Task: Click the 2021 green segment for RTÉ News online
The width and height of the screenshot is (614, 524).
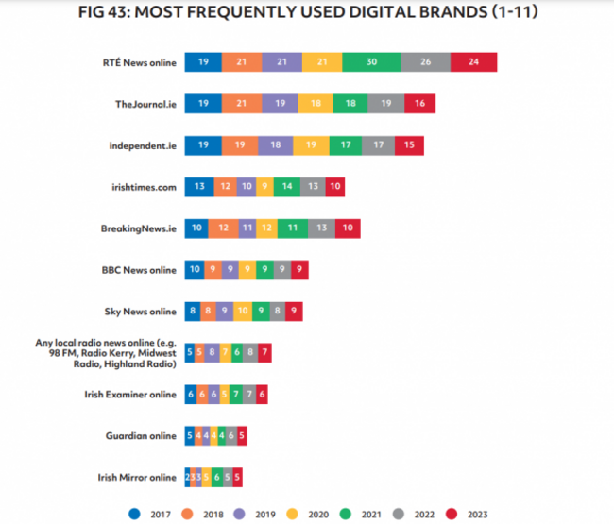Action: [371, 62]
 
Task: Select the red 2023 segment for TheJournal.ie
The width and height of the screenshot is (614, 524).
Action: [419, 104]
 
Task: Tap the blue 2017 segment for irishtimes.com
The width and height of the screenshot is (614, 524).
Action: [198, 187]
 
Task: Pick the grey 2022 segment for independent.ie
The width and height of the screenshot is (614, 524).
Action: [378, 145]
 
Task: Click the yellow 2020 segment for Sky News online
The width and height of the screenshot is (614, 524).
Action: [243, 312]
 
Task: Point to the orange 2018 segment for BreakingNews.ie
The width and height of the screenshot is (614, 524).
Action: [222, 228]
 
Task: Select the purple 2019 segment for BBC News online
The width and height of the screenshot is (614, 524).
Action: [230, 270]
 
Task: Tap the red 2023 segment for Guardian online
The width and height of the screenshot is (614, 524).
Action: [242, 435]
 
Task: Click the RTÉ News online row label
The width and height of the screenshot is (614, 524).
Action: [139, 62]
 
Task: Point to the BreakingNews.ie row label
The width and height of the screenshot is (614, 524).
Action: [138, 228]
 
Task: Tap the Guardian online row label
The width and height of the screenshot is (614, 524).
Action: [141, 435]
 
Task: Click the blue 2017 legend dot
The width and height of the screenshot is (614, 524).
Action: [135, 515]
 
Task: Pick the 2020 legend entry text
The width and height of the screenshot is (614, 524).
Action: [317, 515]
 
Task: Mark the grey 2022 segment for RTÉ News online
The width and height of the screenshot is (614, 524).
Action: [425, 62]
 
